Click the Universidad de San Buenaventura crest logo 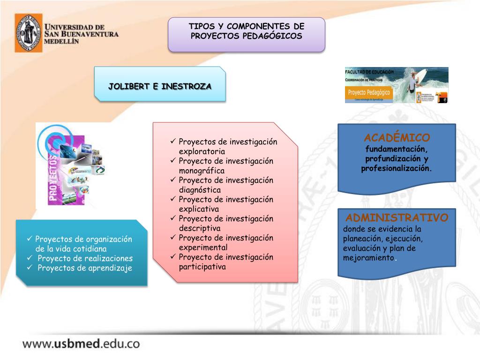[x=28, y=33]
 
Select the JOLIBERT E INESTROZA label [x=160, y=87]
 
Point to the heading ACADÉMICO [x=397, y=138]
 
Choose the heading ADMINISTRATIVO [x=397, y=218]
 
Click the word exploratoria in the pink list [x=202, y=151]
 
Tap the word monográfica [x=202, y=171]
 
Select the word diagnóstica [x=200, y=190]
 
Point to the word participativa [x=202, y=267]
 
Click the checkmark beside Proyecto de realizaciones [x=30, y=258]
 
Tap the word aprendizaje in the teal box [x=110, y=268]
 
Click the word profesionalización [x=397, y=168]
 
